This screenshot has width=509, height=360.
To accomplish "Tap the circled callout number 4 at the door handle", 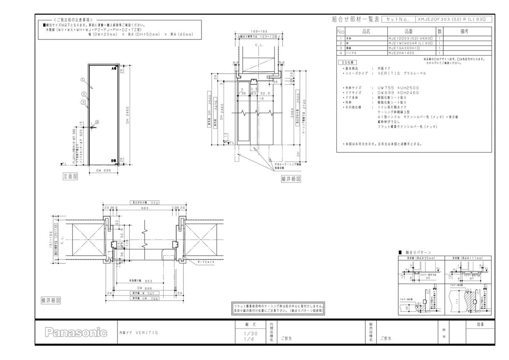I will click(x=97, y=122).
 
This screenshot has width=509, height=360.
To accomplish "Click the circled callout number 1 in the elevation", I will click(x=82, y=79).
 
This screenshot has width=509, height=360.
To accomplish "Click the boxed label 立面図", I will click(x=70, y=176).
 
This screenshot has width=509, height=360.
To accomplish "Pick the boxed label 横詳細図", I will click(x=50, y=300).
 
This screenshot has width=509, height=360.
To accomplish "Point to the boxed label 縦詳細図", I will click(x=291, y=179).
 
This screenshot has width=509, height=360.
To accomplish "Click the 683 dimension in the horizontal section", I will click(x=145, y=208).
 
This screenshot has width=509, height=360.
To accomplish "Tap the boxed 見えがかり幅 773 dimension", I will click(x=145, y=203).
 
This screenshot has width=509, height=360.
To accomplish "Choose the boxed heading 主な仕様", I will click(x=349, y=62).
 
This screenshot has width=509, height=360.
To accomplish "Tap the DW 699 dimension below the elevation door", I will click(x=103, y=170).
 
